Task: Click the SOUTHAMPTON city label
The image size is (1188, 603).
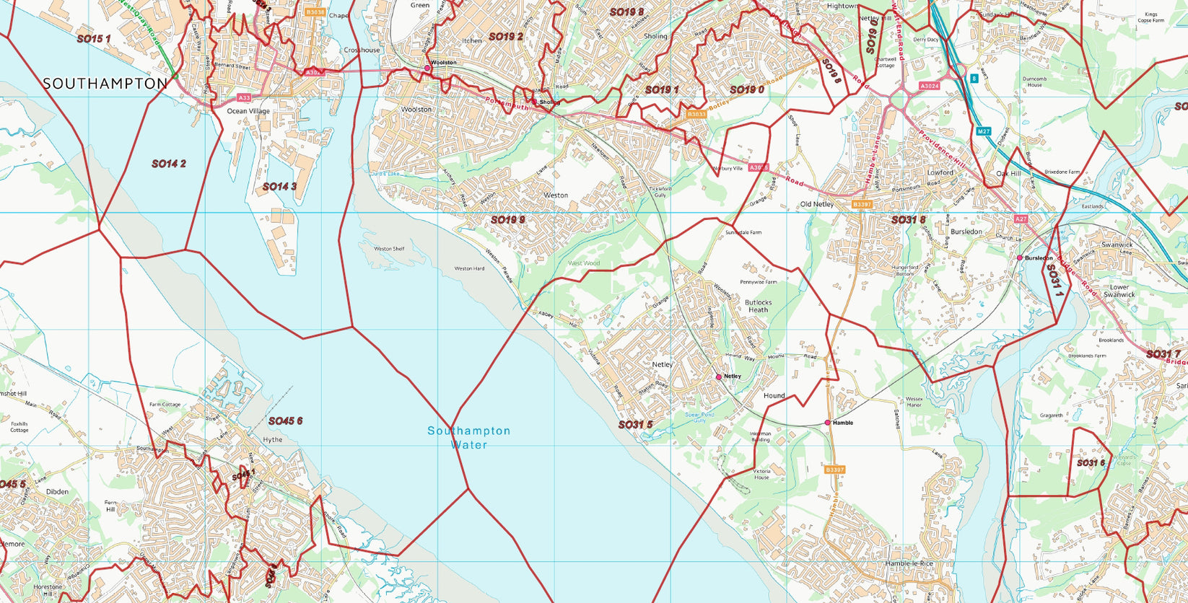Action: click(x=105, y=84)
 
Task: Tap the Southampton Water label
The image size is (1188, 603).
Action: click(x=468, y=438)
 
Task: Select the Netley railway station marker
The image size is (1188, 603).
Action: click(x=718, y=377)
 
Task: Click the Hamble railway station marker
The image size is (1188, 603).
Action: click(x=827, y=423)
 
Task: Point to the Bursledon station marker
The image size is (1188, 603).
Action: click(x=1020, y=258)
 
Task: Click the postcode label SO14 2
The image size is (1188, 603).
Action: click(x=168, y=164)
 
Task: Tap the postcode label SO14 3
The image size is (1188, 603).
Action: click(x=279, y=187)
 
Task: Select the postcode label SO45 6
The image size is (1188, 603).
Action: click(x=285, y=421)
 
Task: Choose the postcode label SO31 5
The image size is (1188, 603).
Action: click(x=635, y=425)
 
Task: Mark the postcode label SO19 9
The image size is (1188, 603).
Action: click(x=507, y=220)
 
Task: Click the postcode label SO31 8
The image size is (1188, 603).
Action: click(x=908, y=219)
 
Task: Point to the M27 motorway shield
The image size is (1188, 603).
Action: click(x=983, y=131)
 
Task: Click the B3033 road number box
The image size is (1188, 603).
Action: click(x=696, y=115)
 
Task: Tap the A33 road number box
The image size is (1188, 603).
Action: click(x=245, y=97)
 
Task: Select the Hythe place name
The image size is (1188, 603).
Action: click(x=273, y=439)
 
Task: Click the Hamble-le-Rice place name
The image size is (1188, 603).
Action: click(x=909, y=563)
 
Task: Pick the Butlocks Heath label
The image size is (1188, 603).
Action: click(x=758, y=306)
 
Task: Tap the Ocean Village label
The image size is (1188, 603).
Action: click(x=248, y=111)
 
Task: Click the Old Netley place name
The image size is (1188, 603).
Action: click(x=817, y=204)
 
